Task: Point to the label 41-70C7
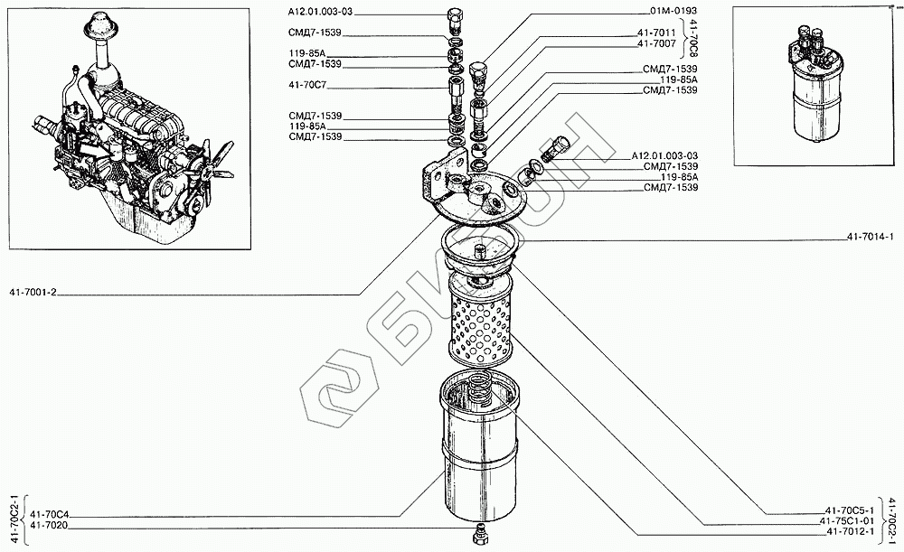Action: [x=307, y=88]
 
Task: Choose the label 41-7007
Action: [x=655, y=43]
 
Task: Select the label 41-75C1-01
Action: [x=847, y=521]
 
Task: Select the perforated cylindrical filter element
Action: [x=480, y=321]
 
